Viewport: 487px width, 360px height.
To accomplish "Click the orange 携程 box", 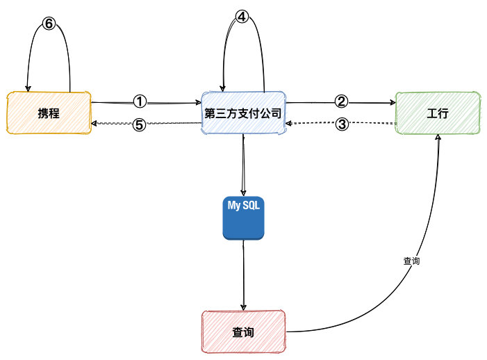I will (x=49, y=112).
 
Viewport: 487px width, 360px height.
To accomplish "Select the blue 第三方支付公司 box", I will (x=243, y=112).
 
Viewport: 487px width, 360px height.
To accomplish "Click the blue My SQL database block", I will (x=243, y=218).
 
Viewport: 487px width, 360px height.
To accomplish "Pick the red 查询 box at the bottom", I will (x=243, y=332).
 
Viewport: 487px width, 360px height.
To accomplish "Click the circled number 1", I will (x=140, y=101).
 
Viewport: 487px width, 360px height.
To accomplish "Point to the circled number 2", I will (x=340, y=101).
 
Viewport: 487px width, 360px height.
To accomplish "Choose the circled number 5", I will (x=140, y=126).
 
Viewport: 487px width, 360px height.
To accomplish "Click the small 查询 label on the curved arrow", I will (x=412, y=262).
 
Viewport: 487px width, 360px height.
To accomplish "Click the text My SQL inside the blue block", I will (x=243, y=205).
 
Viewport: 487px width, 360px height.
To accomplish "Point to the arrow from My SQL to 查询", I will (x=243, y=275).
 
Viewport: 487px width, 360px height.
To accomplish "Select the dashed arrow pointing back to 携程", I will (x=174, y=124).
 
